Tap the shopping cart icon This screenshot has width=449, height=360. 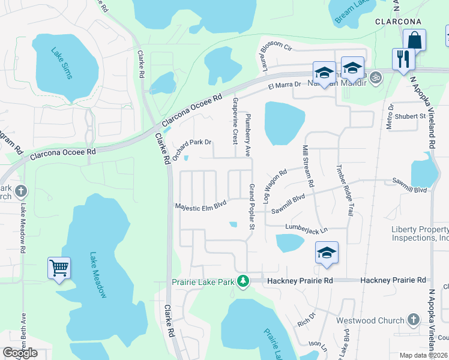[x=59, y=268]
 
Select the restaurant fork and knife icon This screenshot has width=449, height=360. [x=402, y=59]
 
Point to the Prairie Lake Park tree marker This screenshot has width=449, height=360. [x=243, y=281]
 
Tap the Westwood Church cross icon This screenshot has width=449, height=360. [x=413, y=320]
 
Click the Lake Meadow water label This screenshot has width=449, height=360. [x=97, y=275]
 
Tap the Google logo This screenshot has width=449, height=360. [x=20, y=353]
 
